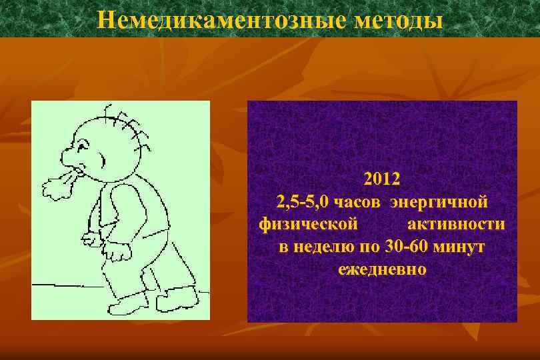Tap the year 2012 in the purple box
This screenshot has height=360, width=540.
(382, 179)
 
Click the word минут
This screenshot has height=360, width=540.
(459, 247)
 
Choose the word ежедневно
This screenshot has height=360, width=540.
(382, 270)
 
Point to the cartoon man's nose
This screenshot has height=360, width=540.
(69, 157)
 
